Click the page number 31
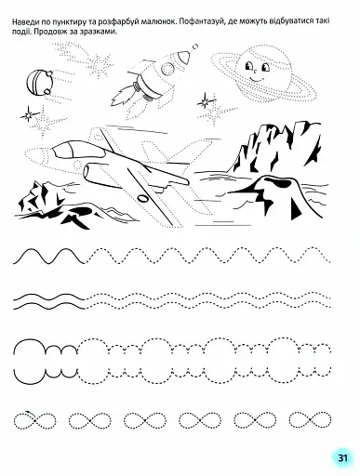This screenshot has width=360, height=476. point(342,457)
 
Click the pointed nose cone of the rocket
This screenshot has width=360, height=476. point(183,57)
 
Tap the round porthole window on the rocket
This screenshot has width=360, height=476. point(167,69)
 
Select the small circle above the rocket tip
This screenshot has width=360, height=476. point(195,46)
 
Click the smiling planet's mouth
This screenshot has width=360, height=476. point(256,79)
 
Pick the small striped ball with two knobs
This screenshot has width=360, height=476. point(38,81)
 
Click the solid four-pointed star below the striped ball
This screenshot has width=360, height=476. point(29,115)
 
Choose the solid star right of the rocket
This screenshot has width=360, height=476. point(206,101)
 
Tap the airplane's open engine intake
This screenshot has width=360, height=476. point(87,171)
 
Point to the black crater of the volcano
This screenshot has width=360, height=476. point(277,182)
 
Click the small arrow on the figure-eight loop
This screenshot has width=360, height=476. point(29,412)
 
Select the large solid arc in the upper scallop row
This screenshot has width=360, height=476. point(29,340)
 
